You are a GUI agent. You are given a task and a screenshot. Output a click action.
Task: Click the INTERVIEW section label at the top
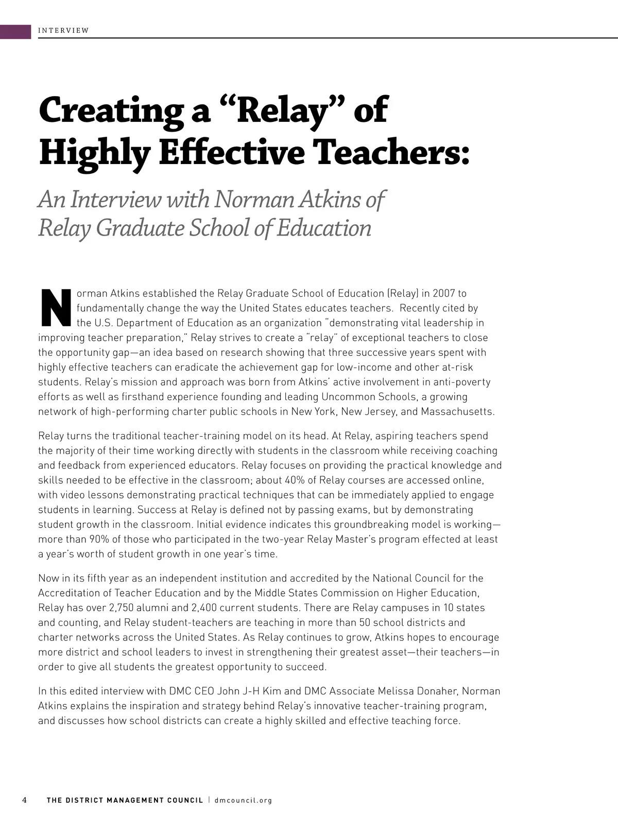click(x=63, y=30)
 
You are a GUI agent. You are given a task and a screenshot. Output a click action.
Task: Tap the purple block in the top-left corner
click(x=15, y=31)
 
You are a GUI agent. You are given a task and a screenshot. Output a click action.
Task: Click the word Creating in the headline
click(x=111, y=110)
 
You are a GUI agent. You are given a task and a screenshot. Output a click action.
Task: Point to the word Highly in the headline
click(x=95, y=153)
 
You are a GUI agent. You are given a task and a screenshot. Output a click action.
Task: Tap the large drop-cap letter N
click(x=56, y=308)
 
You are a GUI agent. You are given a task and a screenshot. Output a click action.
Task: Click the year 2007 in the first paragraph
click(x=443, y=293)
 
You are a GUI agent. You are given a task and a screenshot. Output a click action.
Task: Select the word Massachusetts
click(x=457, y=411)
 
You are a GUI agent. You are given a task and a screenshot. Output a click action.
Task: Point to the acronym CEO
click(x=204, y=691)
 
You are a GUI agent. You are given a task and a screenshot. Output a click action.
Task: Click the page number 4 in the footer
click(x=24, y=800)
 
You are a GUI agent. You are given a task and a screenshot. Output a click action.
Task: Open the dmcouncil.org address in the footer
click(x=243, y=800)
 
